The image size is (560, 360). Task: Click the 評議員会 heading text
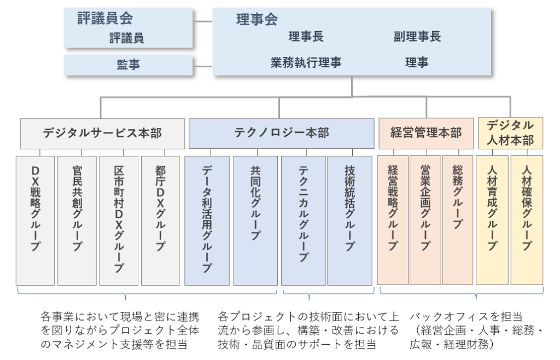(x=105, y=19)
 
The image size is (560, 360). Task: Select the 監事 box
(x=129, y=65)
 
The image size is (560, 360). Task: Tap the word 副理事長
(x=417, y=37)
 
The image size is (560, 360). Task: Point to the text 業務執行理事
(x=306, y=62)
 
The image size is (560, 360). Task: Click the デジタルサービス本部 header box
(x=102, y=133)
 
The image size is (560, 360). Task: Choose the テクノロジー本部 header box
(x=281, y=133)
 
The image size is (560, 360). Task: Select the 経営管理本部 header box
(x=425, y=133)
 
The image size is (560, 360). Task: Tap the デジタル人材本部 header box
(x=510, y=133)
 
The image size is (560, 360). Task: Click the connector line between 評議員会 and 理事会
(x=202, y=22)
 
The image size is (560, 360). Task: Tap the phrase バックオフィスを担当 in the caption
(x=466, y=317)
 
